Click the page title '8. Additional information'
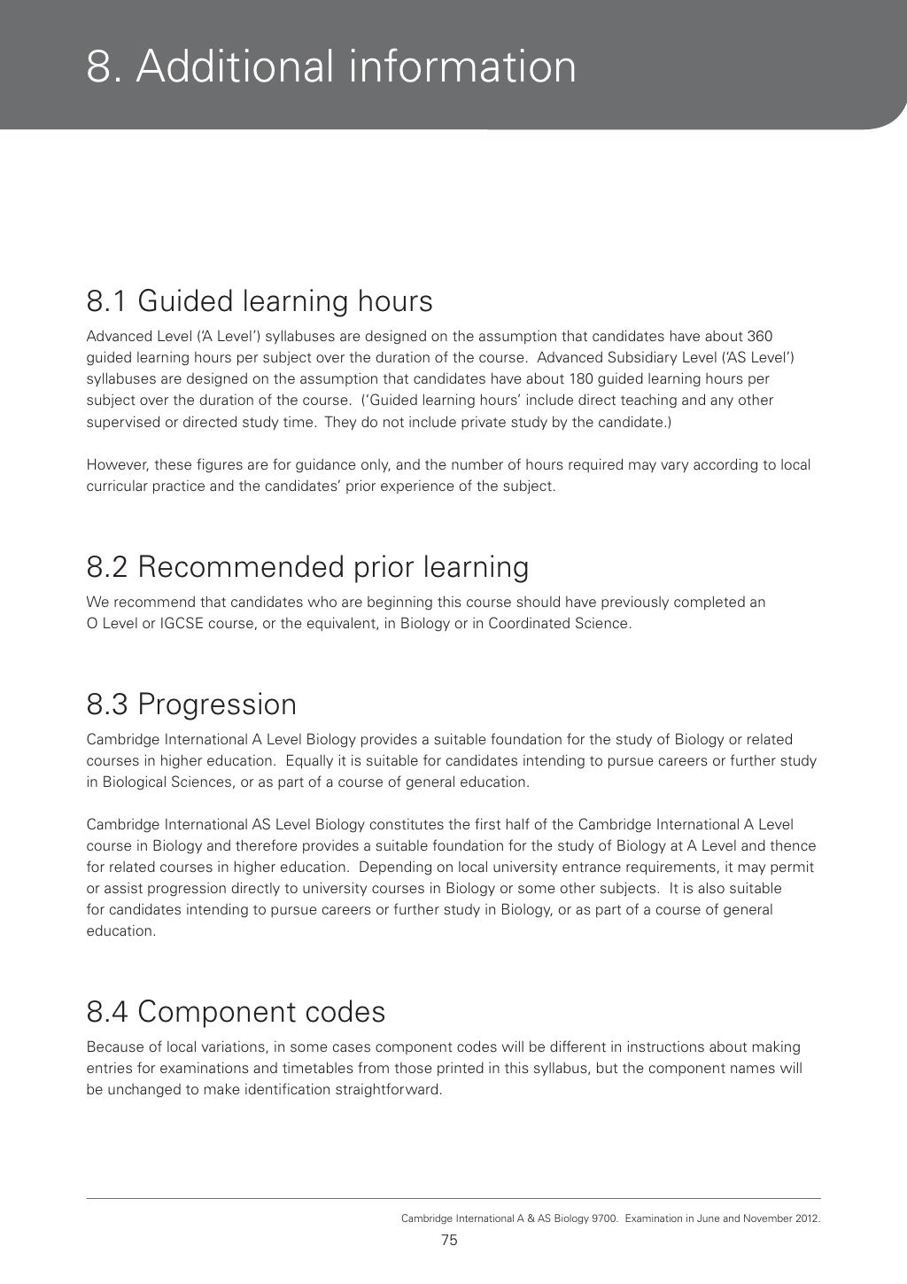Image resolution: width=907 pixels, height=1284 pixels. click(x=331, y=66)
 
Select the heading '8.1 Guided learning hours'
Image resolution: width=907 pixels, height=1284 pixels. click(x=260, y=301)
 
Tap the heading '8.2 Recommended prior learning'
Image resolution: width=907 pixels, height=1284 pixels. click(x=307, y=566)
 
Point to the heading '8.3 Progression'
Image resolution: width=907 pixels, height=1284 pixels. click(x=191, y=704)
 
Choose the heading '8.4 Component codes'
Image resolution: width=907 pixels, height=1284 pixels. click(x=236, y=1011)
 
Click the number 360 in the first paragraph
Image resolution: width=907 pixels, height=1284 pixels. click(x=760, y=337)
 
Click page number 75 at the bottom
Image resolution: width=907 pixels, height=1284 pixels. click(x=449, y=1241)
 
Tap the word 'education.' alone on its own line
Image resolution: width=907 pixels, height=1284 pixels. click(x=121, y=931)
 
